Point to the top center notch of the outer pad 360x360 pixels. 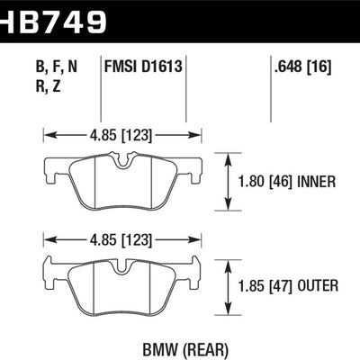[x=124, y=265]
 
